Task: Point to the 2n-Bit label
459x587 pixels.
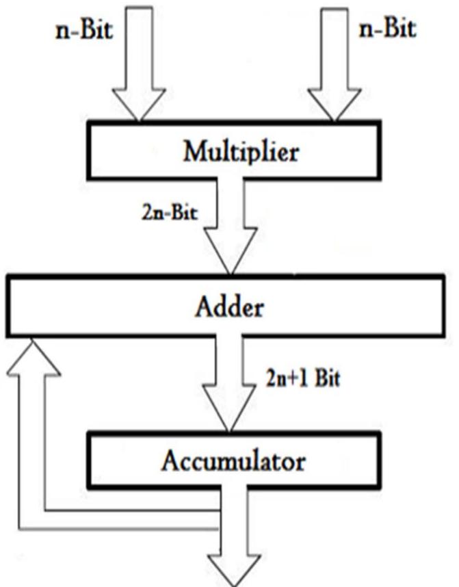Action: pos(166,212)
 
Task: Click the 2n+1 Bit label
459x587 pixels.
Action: pos(302,378)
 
